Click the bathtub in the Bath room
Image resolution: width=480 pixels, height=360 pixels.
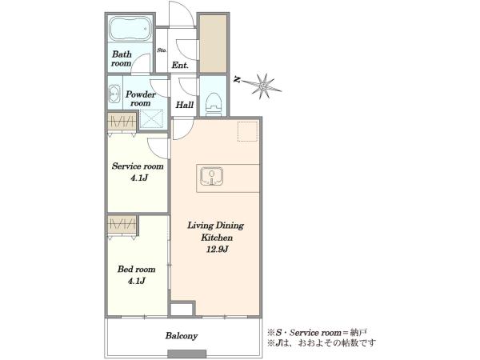click(x=130, y=29)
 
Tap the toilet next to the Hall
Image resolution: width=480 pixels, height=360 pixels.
click(x=214, y=102)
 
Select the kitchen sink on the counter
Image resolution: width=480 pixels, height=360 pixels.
click(x=211, y=176)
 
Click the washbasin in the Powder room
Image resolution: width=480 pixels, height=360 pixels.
click(x=114, y=94)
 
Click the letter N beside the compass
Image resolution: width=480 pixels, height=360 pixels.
click(x=237, y=79)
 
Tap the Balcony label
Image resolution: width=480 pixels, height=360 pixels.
click(x=182, y=336)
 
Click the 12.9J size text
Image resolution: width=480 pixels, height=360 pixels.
click(x=217, y=250)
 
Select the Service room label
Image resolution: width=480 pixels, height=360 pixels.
click(x=138, y=166)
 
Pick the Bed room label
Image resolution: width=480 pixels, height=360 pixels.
click(x=137, y=270)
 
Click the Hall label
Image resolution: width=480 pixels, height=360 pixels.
click(x=185, y=105)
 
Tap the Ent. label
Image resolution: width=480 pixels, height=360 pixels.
click(x=180, y=66)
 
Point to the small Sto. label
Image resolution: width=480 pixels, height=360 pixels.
click(x=162, y=50)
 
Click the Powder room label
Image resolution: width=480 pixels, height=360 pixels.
click(x=141, y=98)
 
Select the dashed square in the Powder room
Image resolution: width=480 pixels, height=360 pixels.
click(x=151, y=118)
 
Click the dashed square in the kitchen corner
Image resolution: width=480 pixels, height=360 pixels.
click(x=248, y=131)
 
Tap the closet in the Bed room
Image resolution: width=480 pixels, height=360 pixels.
click(x=122, y=224)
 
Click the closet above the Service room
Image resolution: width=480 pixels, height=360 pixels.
click(x=122, y=122)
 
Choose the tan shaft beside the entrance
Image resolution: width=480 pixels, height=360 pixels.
click(x=213, y=44)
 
